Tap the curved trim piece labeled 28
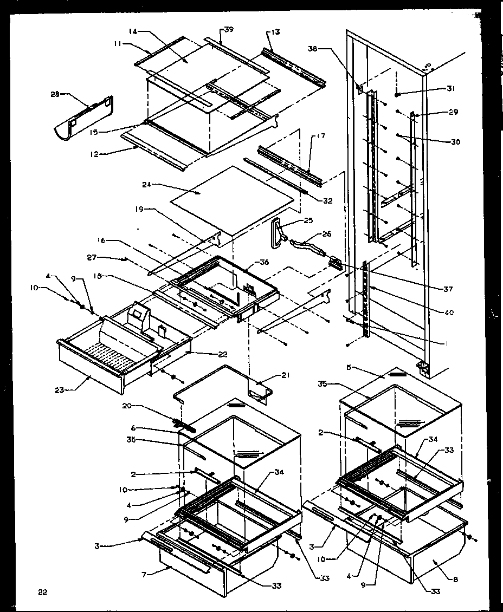[x=84, y=119]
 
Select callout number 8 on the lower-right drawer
[x=455, y=579]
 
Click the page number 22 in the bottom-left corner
[x=43, y=592]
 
